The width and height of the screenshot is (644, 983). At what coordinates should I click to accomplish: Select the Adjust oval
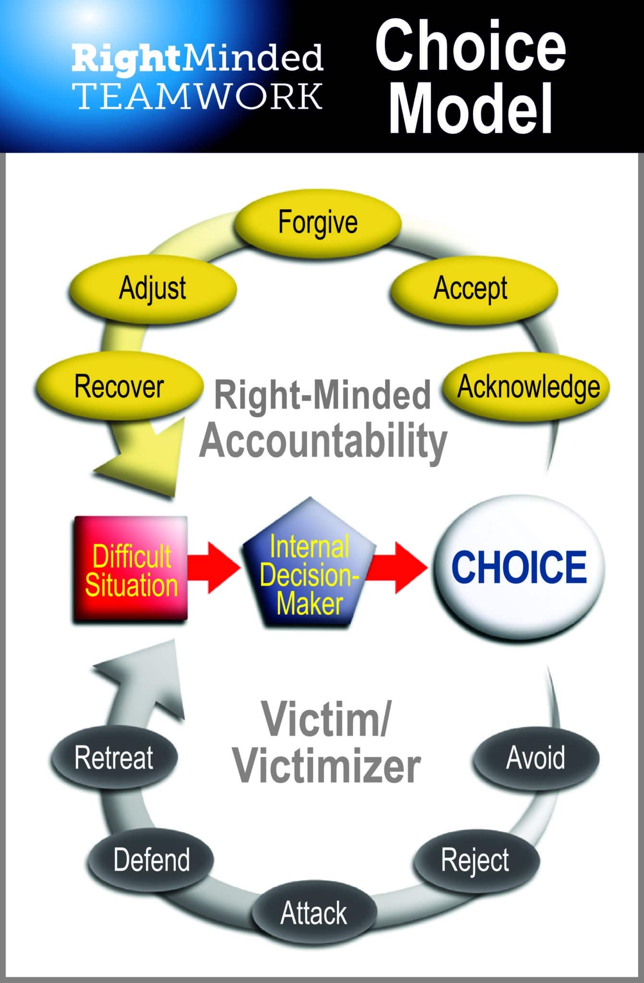(x=153, y=288)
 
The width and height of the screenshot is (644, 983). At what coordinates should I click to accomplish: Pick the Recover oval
(x=119, y=387)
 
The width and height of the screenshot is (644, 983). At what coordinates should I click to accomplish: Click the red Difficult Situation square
(x=130, y=570)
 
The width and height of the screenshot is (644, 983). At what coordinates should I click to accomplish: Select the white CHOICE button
(x=519, y=567)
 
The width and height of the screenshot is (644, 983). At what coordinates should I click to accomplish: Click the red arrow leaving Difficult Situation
(x=213, y=568)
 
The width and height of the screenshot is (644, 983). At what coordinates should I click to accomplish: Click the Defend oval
(x=151, y=860)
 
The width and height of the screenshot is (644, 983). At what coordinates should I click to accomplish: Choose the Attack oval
(x=314, y=913)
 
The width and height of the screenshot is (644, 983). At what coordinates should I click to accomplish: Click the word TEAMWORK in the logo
(x=199, y=96)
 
